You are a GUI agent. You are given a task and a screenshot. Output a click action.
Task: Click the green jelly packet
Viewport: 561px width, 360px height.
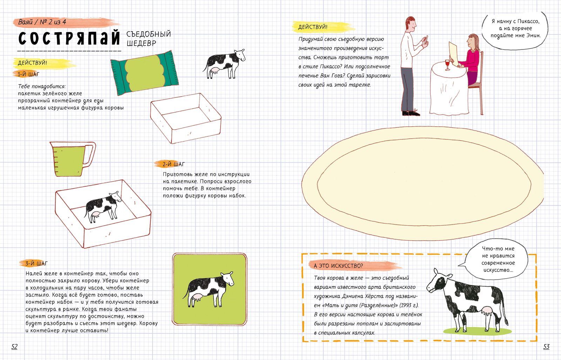pos(144,73)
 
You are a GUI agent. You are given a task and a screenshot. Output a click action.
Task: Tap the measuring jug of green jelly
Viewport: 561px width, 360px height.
pos(73,159)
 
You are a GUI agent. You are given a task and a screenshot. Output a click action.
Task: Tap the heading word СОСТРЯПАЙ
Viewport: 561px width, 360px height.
pos(69,38)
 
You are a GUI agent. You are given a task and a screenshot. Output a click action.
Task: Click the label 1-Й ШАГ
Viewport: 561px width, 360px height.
pos(28,74)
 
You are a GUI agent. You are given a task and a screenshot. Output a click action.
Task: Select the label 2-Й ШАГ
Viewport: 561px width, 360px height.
pos(173,164)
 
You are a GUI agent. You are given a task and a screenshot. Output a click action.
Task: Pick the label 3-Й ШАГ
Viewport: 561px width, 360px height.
pos(36,264)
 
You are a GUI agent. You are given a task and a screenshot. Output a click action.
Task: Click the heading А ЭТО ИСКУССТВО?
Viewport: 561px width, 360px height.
pos(338,266)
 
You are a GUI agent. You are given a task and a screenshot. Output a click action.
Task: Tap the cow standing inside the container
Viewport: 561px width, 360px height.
pos(103,207)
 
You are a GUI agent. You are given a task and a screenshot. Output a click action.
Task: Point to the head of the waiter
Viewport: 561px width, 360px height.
pos(411,24)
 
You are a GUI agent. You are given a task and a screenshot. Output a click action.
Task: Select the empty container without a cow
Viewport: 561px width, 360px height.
pos(186,118)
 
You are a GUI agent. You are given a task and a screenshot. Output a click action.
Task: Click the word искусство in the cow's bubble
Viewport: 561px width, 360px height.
pos(498,270)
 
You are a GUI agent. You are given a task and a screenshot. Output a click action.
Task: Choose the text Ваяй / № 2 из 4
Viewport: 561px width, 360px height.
pos(42,22)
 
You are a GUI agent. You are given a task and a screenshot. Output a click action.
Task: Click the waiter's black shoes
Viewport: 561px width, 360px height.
pos(411,113)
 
